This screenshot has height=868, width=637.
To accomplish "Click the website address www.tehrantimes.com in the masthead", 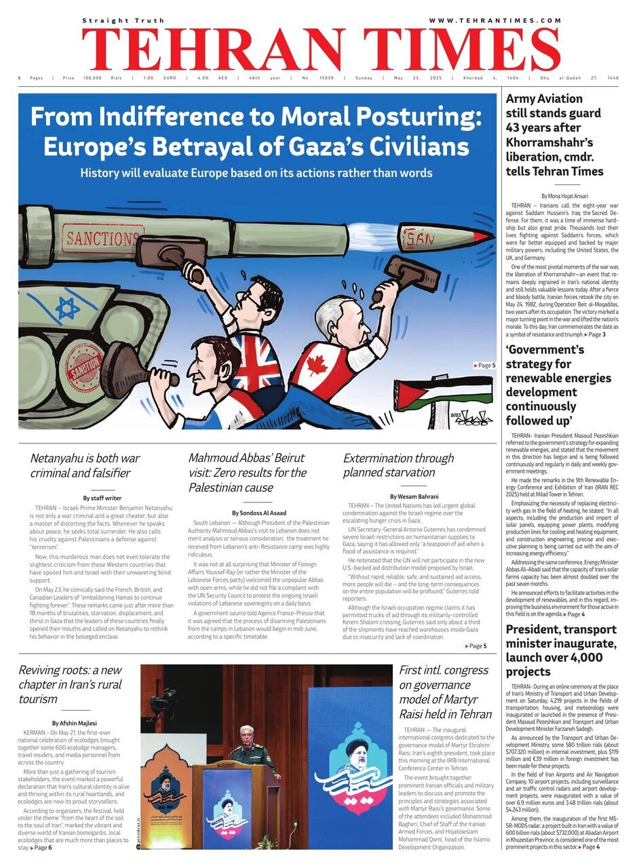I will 495,21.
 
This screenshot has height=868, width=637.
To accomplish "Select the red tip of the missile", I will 482,235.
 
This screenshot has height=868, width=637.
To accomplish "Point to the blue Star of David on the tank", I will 67,308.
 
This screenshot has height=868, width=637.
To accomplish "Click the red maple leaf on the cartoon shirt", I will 317,366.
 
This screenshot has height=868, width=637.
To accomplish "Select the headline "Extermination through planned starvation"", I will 398,465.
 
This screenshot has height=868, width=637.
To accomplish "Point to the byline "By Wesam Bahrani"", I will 414,497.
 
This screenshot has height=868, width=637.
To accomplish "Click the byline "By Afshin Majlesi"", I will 74,723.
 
